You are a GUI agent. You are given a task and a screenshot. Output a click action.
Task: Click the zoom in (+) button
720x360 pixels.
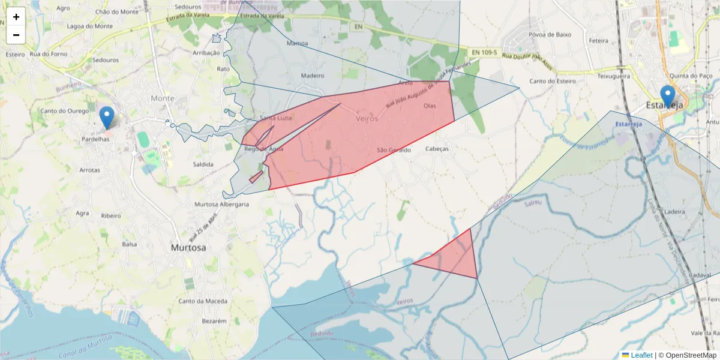[16, 17]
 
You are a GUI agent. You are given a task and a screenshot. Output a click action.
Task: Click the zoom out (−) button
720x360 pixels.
[16, 35]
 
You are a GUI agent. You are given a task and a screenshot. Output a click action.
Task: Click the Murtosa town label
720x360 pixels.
[188, 247]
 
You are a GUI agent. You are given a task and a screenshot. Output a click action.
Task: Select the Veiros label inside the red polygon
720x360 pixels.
[367, 119]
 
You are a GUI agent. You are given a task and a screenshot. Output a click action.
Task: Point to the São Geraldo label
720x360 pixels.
[394, 150]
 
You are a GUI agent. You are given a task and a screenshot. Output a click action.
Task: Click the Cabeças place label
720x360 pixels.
[437, 149]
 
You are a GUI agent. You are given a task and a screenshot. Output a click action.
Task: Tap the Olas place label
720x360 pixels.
[430, 106]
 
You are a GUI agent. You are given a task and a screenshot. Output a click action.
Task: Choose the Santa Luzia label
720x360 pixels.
[276, 118]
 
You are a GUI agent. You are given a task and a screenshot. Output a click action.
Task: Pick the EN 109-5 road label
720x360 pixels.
[484, 53]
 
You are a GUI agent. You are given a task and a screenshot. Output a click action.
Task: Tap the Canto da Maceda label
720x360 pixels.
[203, 301]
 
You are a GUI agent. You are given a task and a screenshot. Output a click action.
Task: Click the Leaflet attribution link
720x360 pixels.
[641, 355]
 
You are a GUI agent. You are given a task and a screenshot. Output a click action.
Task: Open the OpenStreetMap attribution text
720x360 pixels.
[692, 355]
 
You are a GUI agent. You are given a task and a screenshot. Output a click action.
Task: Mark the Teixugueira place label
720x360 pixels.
[613, 77]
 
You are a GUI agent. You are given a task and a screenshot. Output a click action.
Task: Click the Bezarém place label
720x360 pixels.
[214, 321]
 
